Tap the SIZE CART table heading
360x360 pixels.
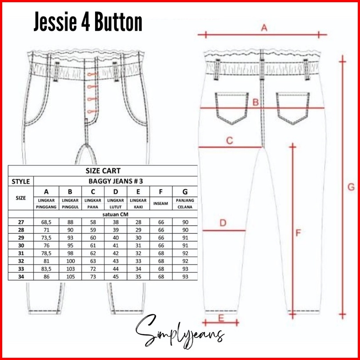(x=103, y=171)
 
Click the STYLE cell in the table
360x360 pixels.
(x=21, y=181)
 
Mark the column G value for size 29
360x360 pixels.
(x=185, y=238)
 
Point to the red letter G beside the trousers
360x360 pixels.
(x=350, y=188)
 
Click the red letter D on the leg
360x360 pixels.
(x=223, y=223)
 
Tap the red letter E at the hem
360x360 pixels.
(x=221, y=318)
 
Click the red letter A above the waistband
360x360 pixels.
(x=264, y=28)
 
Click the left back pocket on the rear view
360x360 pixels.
(x=227, y=107)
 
